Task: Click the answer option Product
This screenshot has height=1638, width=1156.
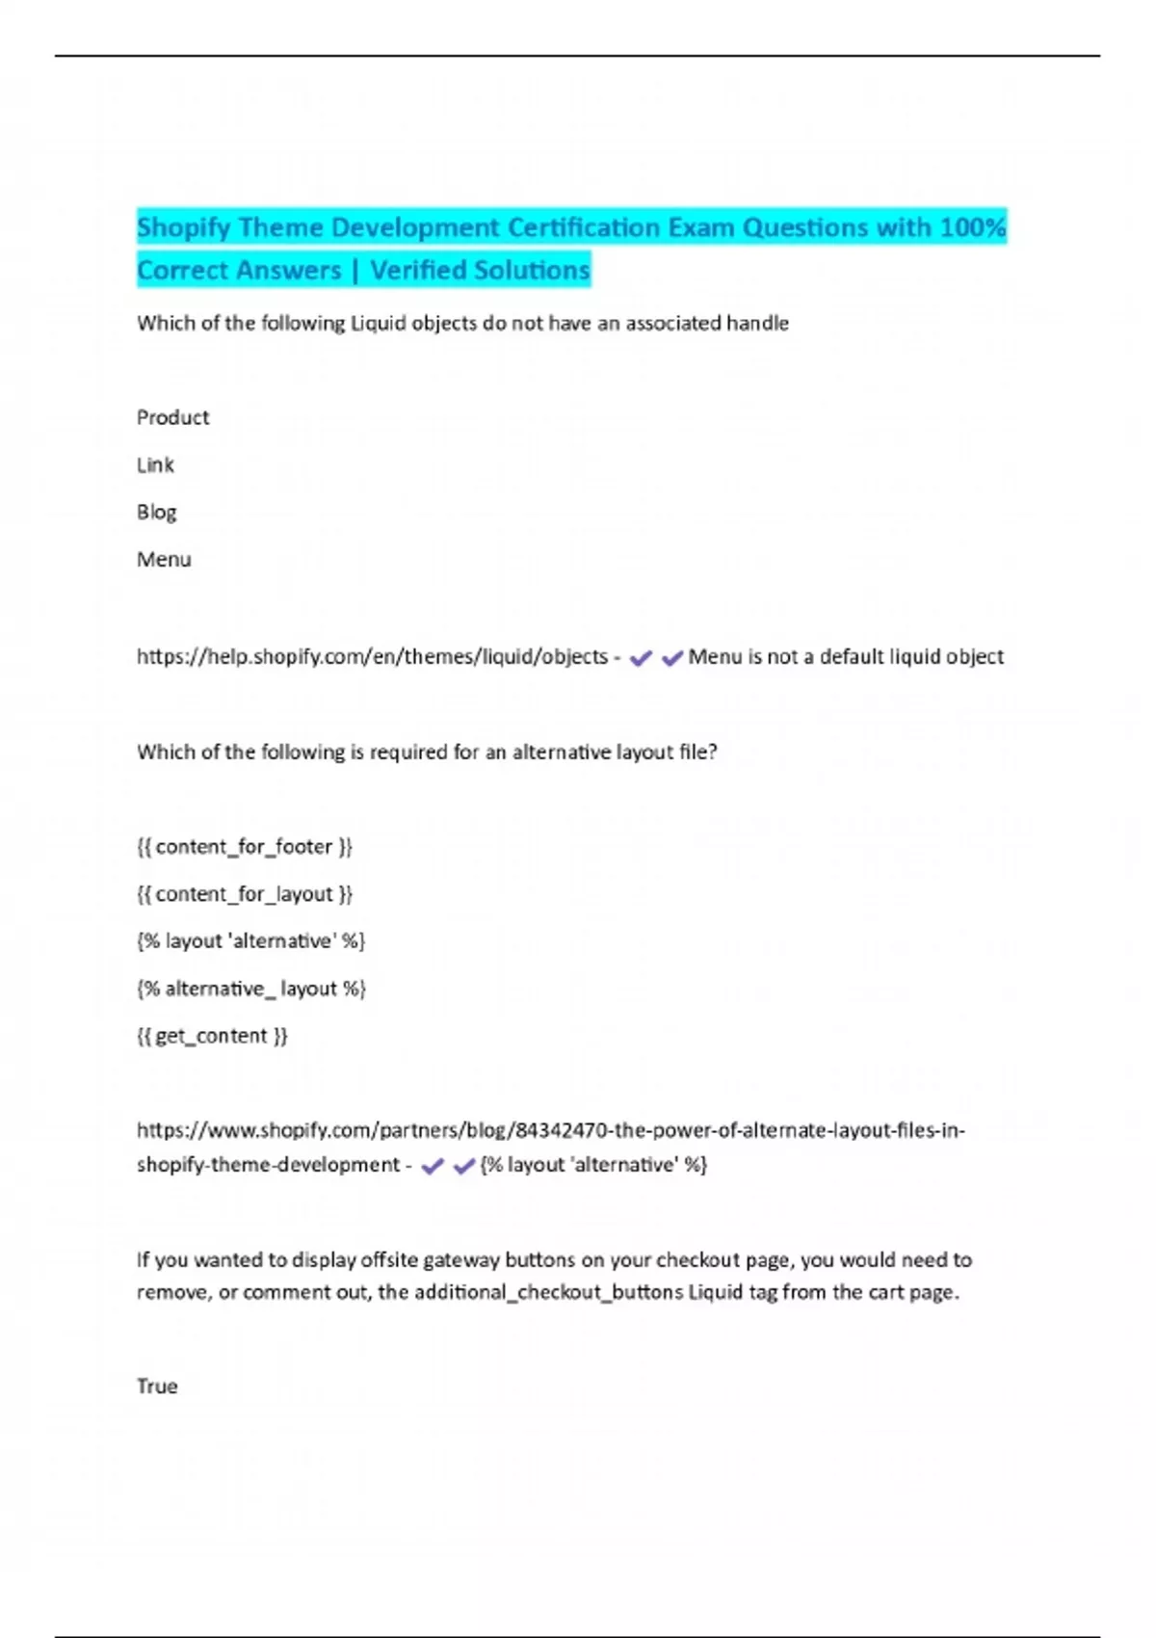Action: click(172, 417)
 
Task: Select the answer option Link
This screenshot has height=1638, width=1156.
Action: click(155, 464)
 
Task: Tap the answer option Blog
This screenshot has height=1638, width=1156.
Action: click(156, 512)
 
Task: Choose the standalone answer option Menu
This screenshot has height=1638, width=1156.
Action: click(164, 559)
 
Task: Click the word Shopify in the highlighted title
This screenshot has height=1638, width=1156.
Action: click(184, 227)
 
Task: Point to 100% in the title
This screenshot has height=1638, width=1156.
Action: click(973, 227)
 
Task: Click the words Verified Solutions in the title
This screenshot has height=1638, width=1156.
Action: click(480, 270)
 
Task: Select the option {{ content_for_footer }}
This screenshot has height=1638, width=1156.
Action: click(245, 846)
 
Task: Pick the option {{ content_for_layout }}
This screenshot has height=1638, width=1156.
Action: click(245, 893)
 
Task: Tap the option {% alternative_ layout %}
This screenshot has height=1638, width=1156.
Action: click(250, 988)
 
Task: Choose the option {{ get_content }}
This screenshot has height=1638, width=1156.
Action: click(212, 1035)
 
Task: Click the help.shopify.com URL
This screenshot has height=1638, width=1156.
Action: click(372, 656)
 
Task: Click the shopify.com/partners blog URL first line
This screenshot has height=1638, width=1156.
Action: click(550, 1129)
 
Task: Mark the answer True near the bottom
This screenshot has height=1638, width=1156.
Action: click(157, 1386)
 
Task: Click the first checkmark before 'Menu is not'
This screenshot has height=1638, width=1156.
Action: click(641, 658)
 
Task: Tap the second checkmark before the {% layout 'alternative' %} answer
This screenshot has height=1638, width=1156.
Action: click(464, 1166)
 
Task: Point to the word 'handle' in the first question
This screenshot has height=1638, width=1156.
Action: click(757, 323)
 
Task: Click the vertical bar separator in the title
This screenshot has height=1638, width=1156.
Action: click(355, 271)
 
